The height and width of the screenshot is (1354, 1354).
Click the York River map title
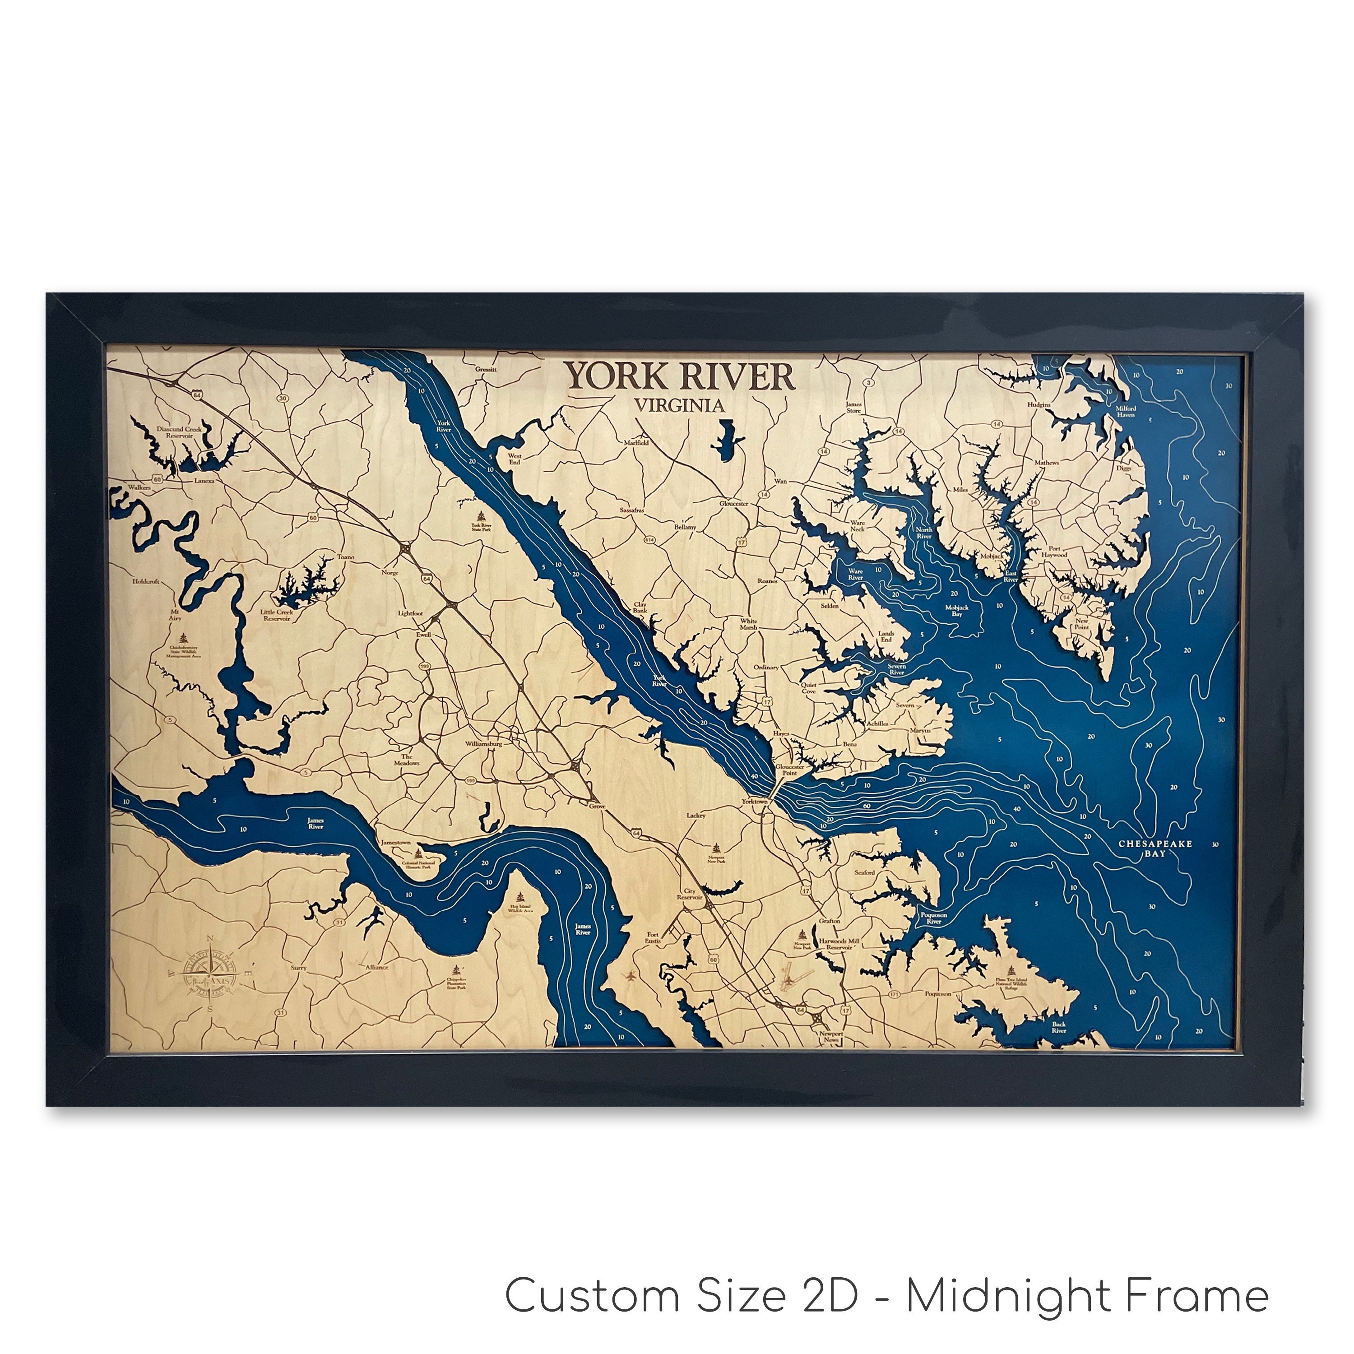click(680, 377)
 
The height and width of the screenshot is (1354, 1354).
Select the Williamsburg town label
click(483, 744)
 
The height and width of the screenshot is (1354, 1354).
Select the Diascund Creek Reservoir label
click(179, 432)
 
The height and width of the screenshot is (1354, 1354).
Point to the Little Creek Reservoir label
click(277, 615)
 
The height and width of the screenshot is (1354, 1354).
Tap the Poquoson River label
click(933, 918)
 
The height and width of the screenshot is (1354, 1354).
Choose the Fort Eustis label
click(653, 938)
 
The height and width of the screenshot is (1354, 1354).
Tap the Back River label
click(1058, 1027)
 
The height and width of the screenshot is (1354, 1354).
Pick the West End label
click(515, 459)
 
